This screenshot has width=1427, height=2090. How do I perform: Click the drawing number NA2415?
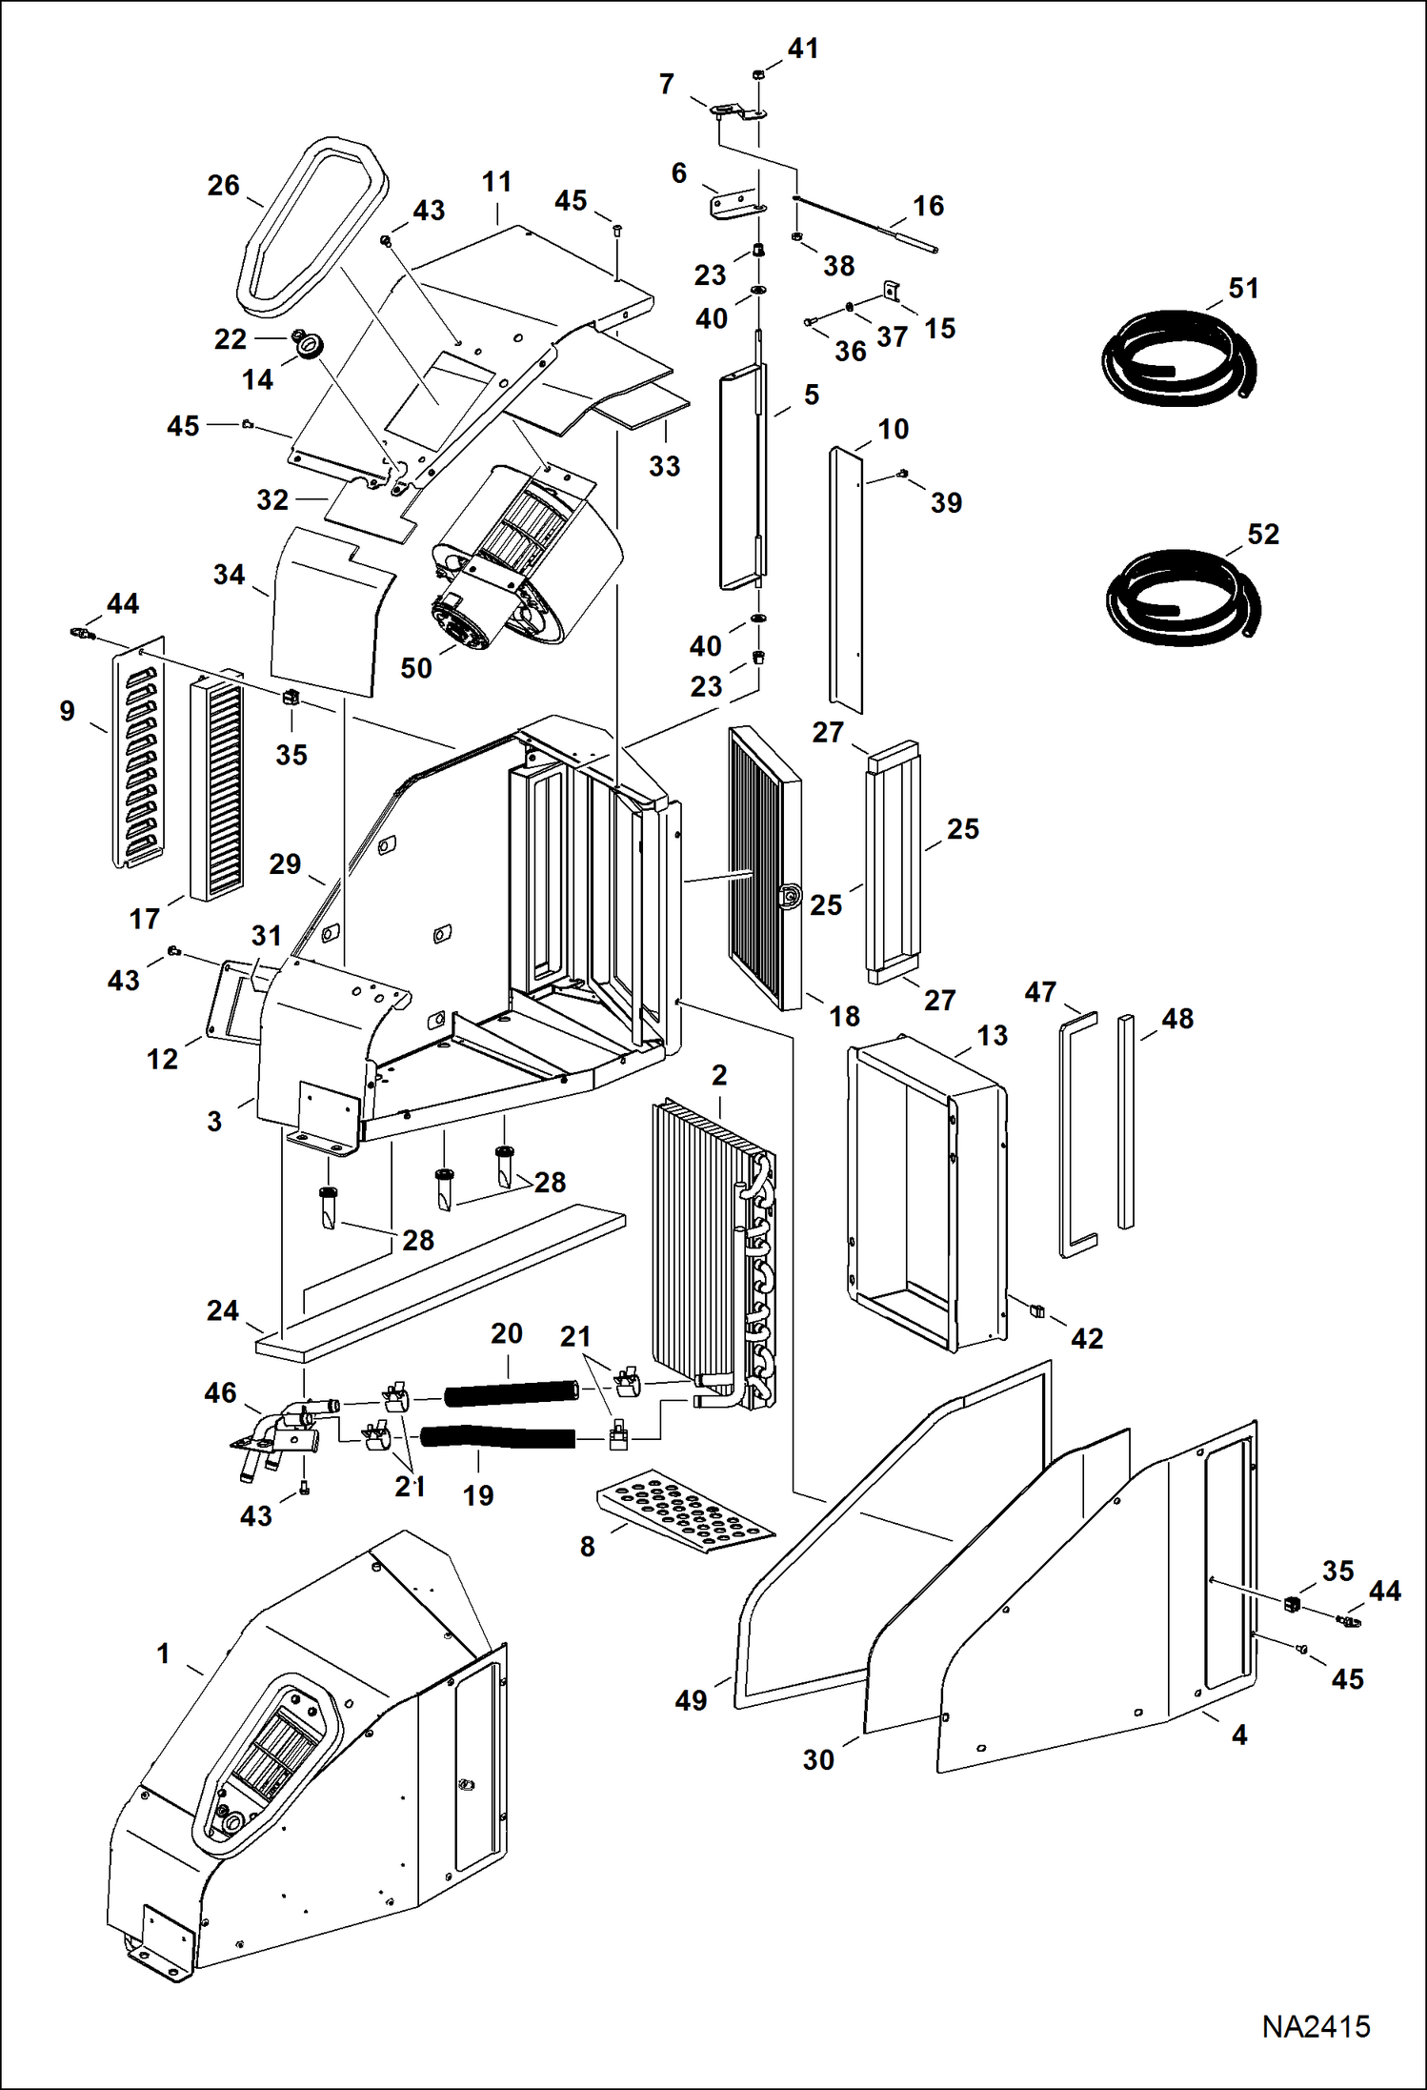1316,2026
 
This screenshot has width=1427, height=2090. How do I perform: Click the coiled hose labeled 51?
1179,357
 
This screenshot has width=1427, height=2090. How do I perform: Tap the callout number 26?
224,186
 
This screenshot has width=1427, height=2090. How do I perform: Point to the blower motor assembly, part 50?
519,562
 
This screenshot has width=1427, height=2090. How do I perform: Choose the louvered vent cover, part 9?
139,753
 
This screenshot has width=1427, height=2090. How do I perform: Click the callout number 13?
992,1036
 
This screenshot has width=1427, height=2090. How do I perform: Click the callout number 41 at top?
803,49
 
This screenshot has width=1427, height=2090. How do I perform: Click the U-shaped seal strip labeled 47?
1077,1134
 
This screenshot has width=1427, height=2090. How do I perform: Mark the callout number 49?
691,1700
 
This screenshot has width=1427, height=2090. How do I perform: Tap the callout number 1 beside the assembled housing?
164,1654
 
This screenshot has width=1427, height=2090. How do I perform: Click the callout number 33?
664,466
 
